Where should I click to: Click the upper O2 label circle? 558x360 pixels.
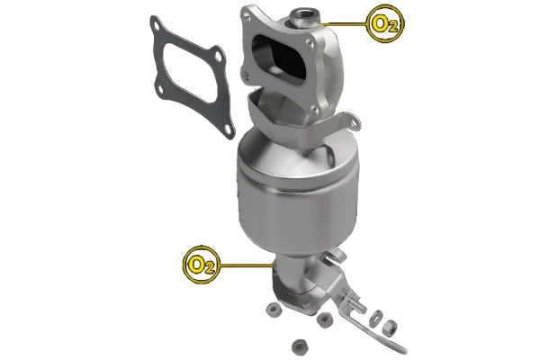tap(383, 23)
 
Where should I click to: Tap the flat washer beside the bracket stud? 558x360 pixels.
tap(377, 317)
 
